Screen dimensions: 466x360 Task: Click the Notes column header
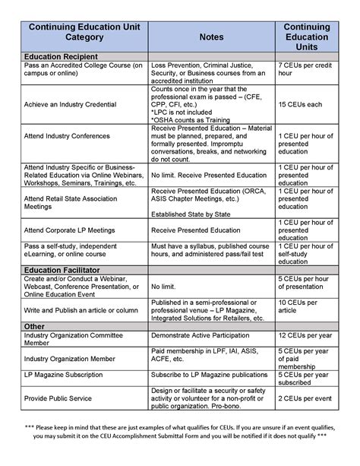click(211, 36)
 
